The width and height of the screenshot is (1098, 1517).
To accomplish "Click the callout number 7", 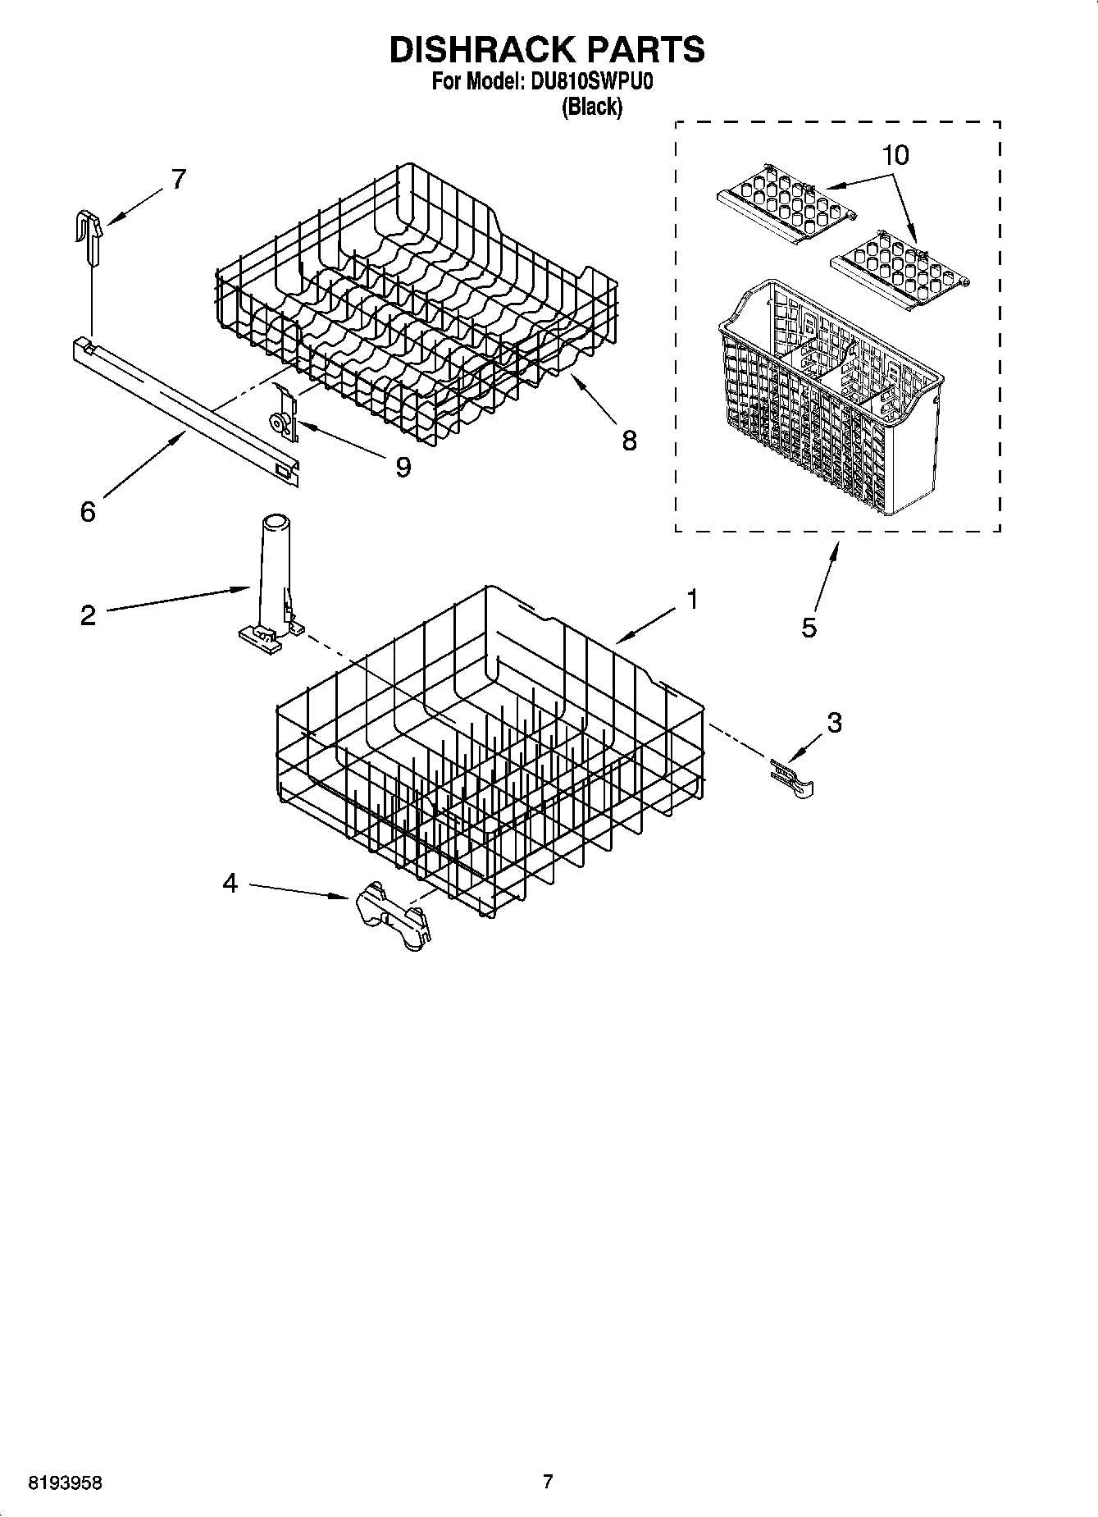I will (178, 178).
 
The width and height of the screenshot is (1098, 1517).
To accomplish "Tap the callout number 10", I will (895, 154).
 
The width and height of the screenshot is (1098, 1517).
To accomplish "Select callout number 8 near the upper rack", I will (629, 441).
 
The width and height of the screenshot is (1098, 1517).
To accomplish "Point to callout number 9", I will (403, 467).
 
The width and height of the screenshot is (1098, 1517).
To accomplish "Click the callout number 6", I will (88, 511).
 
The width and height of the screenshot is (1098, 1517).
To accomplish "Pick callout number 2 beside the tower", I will (89, 615).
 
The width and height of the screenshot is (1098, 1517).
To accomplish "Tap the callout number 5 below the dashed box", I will (809, 628).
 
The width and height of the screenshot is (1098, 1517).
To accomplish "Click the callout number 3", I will (834, 722).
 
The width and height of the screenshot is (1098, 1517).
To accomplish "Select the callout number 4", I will (230, 883).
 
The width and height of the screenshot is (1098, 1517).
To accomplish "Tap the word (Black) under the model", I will (591, 107).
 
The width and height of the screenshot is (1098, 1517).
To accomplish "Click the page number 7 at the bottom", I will (548, 1482).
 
